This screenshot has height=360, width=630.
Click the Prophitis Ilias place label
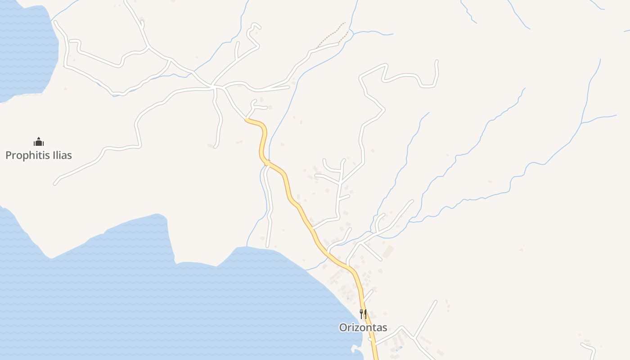tap(39, 155)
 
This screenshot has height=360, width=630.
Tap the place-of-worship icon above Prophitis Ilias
tap(39, 142)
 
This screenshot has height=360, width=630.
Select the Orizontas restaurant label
tap(363, 328)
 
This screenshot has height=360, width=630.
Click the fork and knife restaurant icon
tap(363, 314)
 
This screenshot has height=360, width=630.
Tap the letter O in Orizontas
tap(343, 328)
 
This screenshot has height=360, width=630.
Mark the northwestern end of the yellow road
tap(247, 120)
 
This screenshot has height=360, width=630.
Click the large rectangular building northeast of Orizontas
tap(387, 252)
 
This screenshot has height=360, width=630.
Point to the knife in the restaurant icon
tap(365, 314)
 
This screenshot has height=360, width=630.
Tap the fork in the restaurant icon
tap(361, 314)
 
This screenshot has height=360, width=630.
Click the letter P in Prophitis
tap(8, 155)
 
